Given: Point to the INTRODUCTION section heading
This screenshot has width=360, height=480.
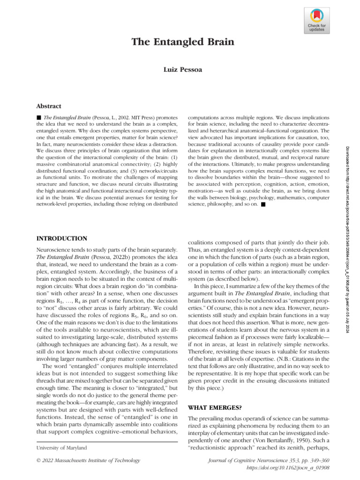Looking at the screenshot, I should coord(61,239).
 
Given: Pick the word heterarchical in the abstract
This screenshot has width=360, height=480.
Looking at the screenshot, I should coord(213,131).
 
